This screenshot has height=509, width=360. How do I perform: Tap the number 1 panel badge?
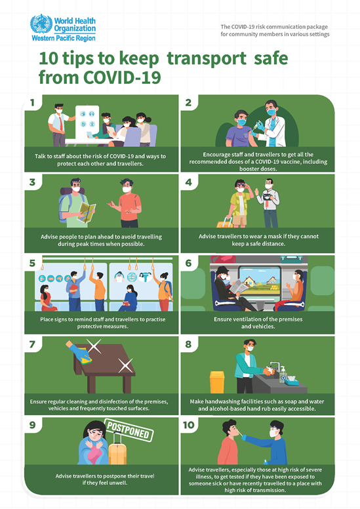pyautogui.click(x=30, y=103)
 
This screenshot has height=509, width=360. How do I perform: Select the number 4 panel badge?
pyautogui.click(x=188, y=183)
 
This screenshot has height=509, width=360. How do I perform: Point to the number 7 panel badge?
pyautogui.click(x=30, y=345)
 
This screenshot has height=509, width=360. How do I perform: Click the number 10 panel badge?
pyautogui.click(x=189, y=426)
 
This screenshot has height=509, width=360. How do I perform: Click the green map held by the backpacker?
pyautogui.click(x=86, y=212)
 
